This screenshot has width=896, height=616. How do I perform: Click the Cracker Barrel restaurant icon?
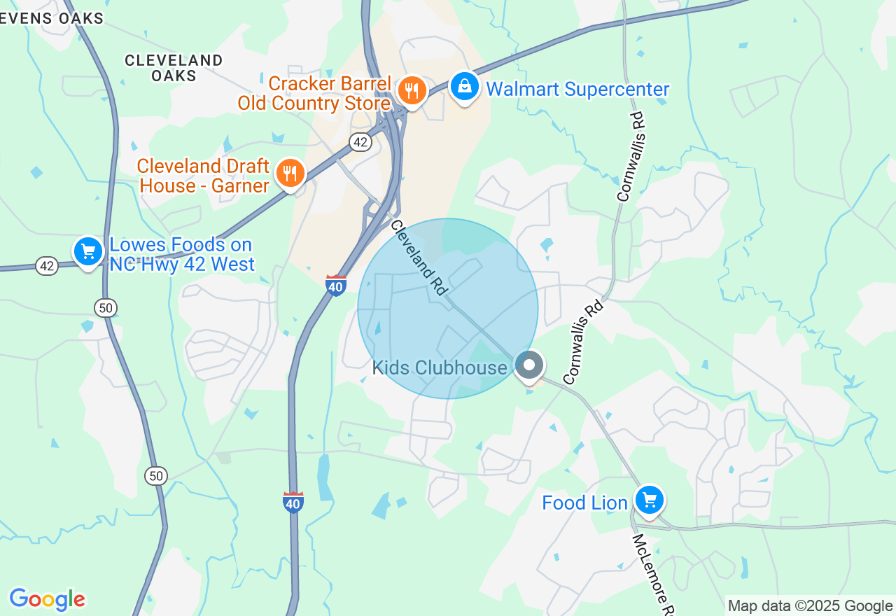tap(412, 90)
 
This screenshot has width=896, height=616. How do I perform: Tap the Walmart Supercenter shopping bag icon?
tap(464, 87)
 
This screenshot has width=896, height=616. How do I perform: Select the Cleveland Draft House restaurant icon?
tap(290, 172)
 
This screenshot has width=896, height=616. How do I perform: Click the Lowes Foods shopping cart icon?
tap(88, 251)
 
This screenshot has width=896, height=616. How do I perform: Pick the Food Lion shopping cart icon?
tap(650, 500)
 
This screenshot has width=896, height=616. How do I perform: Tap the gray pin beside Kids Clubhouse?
tap(530, 365)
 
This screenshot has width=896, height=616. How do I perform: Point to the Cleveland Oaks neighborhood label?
tap(174, 68)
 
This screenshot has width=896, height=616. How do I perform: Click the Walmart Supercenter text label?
tap(577, 90)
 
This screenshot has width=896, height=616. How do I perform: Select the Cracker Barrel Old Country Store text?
tap(314, 94)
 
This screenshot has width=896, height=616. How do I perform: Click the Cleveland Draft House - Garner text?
tap(203, 176)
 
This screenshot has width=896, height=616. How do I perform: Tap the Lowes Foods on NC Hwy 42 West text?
tap(181, 255)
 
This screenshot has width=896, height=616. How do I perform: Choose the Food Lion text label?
tap(584, 503)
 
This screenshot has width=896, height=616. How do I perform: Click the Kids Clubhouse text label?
tap(440, 367)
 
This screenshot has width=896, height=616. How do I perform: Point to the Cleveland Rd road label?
tap(419, 258)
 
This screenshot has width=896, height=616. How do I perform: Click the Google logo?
tap(47, 600)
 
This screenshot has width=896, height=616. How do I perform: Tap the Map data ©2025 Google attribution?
tap(810, 606)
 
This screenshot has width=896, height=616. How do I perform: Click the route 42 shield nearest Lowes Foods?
tap(47, 266)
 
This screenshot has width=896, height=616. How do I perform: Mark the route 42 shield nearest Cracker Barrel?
tap(360, 143)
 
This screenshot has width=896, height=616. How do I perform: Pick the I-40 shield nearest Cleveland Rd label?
tap(336, 286)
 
